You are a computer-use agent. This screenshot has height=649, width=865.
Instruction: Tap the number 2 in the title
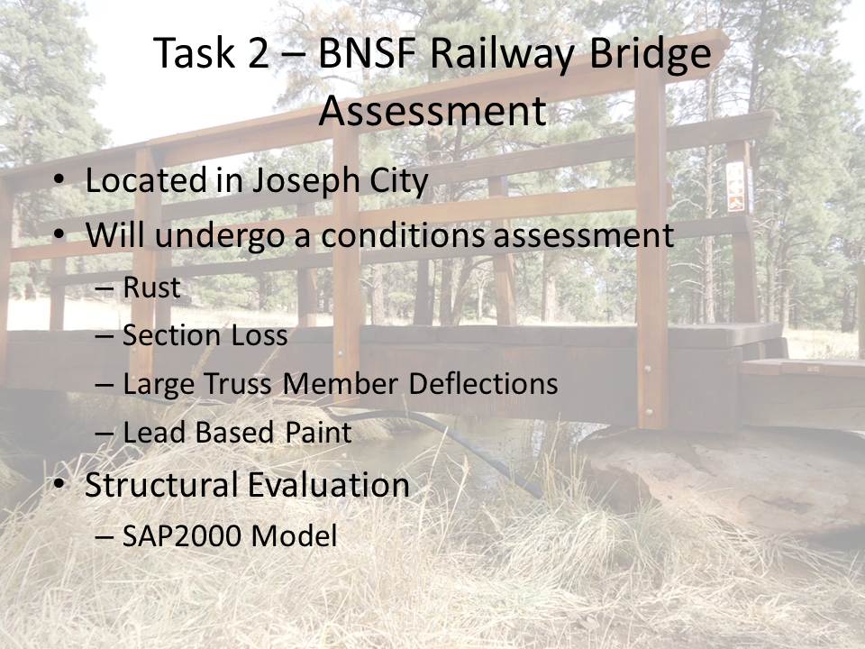259,53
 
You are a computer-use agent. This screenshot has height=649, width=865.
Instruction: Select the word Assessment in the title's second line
432,110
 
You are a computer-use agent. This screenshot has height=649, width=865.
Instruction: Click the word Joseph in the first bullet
306,181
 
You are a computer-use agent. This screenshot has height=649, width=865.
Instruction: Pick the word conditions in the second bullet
403,235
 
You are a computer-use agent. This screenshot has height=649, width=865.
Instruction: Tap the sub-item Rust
151,288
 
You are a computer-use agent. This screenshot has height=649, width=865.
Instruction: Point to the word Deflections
483,384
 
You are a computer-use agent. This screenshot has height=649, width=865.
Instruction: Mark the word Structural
162,485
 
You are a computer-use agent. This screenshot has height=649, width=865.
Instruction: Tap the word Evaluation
329,485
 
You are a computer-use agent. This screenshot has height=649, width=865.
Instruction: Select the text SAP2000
183,535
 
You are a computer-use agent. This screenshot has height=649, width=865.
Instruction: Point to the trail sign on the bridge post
736,187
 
